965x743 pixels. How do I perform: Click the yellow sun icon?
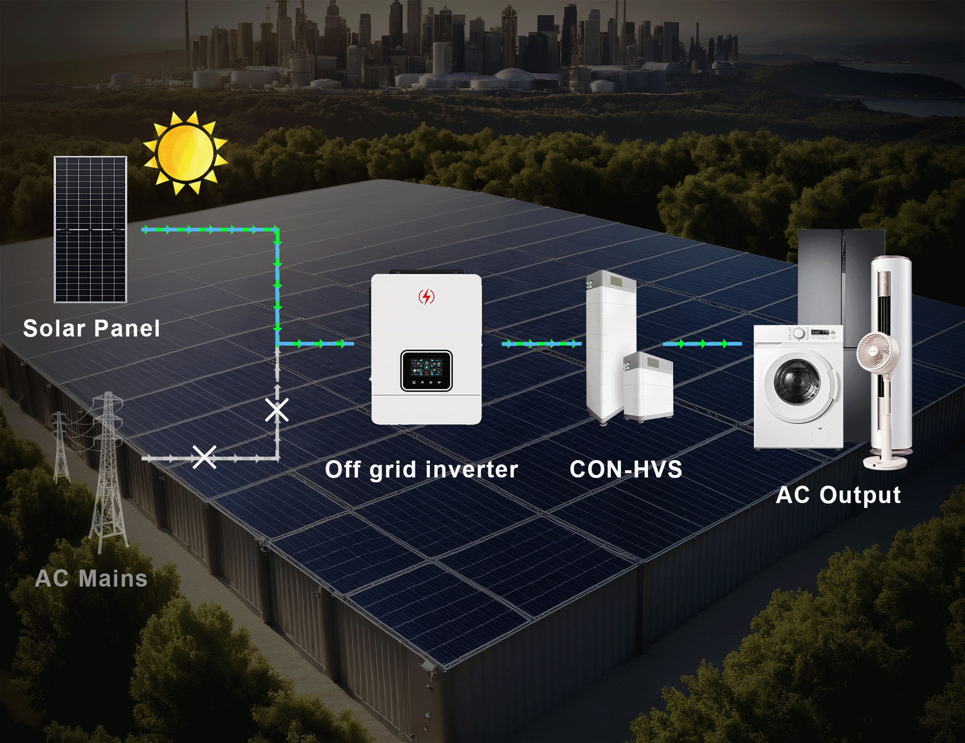tap(185, 152)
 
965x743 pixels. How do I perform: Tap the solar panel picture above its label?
tap(90, 229)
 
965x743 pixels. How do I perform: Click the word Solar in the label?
tap(54, 329)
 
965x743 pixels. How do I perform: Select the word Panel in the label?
tap(127, 329)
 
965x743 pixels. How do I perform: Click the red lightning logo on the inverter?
tap(426, 296)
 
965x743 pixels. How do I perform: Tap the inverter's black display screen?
tap(426, 370)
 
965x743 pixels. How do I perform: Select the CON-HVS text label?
tap(625, 469)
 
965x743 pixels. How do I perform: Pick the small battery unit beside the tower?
tap(648, 386)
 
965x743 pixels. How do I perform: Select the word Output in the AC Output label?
tap(860, 495)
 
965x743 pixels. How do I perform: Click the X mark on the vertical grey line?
tap(277, 410)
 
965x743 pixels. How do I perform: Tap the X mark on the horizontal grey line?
tap(205, 457)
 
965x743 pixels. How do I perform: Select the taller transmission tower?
tap(109, 473)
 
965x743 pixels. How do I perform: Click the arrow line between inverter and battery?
tap(541, 344)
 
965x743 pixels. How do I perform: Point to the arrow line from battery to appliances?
tap(702, 344)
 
